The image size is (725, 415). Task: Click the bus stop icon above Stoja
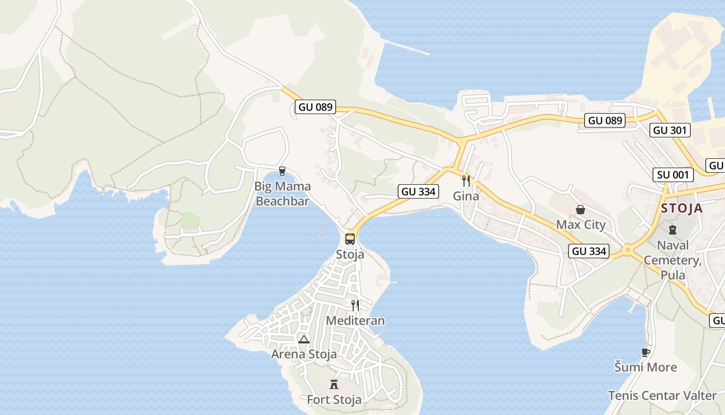350,239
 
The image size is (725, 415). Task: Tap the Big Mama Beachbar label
282,193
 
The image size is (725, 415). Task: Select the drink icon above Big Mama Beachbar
282,171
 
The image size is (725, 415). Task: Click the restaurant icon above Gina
466,181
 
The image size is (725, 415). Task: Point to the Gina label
466,196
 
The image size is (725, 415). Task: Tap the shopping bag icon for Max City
581,210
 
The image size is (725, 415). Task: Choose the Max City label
581,225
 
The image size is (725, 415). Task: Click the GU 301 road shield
671,130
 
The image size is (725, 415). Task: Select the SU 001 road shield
673,175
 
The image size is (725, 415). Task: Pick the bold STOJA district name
682,209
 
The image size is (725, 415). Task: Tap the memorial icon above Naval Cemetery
673,229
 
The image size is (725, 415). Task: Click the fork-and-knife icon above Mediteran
355,305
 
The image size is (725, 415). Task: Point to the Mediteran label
355,321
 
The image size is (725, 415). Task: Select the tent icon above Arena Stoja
304,339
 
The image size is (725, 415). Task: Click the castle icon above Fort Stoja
334,384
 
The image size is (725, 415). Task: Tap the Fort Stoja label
334,400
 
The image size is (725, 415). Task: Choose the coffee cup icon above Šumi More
645,352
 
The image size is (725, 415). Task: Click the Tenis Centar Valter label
662,395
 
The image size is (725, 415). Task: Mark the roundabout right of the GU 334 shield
628,251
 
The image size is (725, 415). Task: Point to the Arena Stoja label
304,354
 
